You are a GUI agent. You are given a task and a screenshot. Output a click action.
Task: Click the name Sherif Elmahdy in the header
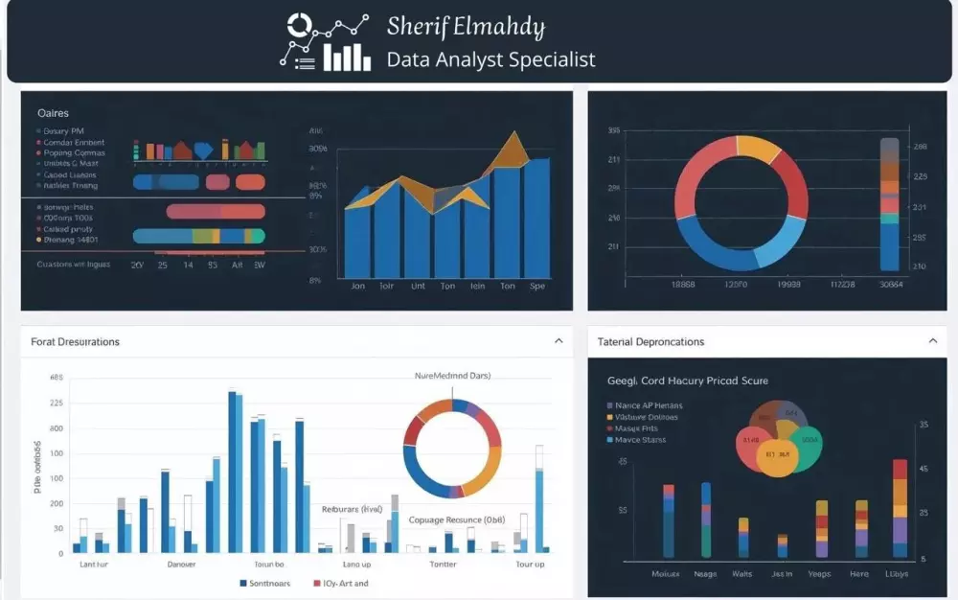(x=466, y=26)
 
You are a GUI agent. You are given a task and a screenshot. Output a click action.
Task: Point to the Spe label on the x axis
(x=536, y=286)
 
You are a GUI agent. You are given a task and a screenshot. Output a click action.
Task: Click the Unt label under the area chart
(x=419, y=286)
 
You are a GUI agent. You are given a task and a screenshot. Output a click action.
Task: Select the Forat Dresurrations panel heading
(x=76, y=341)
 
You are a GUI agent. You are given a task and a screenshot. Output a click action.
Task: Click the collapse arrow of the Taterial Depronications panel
(x=933, y=340)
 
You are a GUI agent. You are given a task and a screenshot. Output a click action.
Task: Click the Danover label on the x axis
(x=181, y=565)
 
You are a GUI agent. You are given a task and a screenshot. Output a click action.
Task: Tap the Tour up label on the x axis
(x=530, y=565)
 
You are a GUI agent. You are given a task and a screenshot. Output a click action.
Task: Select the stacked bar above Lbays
(x=900, y=508)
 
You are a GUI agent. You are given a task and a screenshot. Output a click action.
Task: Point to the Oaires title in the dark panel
(x=53, y=113)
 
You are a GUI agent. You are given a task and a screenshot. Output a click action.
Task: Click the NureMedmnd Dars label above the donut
(x=452, y=376)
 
